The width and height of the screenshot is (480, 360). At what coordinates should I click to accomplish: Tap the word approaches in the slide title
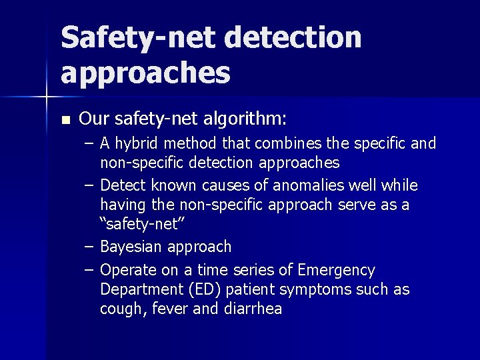[145, 73]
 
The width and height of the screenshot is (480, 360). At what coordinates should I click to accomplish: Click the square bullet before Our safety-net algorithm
[65, 121]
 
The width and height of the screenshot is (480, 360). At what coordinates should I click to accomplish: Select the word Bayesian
[131, 247]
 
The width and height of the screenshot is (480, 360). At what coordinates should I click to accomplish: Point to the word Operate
[129, 270]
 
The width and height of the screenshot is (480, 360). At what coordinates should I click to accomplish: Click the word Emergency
[337, 270]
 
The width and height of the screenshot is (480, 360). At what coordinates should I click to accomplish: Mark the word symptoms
[315, 290]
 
